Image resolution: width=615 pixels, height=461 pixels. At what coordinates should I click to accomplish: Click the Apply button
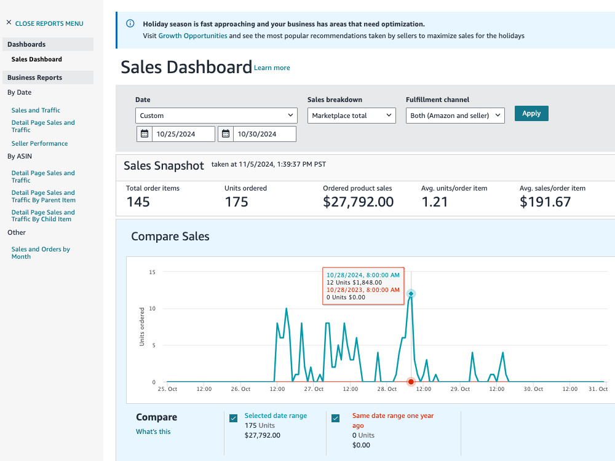(531, 113)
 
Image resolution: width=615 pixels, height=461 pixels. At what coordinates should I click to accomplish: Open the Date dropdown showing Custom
(216, 116)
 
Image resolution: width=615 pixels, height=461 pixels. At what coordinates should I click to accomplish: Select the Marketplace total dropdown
(351, 116)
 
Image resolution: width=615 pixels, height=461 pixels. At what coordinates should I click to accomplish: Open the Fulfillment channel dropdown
(455, 116)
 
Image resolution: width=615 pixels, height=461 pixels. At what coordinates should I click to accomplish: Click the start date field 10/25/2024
(176, 134)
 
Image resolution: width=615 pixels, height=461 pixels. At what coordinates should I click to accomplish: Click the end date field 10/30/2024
(257, 134)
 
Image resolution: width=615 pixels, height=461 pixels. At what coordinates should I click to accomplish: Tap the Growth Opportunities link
(192, 36)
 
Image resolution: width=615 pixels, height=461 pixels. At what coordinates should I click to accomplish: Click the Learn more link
(272, 68)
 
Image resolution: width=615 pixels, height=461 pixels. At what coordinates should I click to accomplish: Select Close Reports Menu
(45, 23)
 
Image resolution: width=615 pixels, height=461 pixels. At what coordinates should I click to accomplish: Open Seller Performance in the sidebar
(39, 143)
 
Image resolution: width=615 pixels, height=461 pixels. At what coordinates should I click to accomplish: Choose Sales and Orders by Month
(41, 253)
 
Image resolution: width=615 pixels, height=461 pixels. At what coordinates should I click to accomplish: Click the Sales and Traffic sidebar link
(36, 110)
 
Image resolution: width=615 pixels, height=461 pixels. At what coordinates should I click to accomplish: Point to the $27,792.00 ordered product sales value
(358, 202)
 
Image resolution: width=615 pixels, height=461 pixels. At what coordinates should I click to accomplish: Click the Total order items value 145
(138, 202)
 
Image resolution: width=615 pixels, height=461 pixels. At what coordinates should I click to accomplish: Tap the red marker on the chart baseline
(411, 382)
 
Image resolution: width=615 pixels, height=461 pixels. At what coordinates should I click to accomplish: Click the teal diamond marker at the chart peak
(411, 294)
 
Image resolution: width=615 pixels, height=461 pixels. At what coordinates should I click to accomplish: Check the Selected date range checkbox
(233, 418)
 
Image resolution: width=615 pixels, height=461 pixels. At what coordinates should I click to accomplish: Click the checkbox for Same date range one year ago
(335, 418)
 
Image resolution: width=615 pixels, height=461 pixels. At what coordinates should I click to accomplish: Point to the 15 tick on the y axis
(152, 272)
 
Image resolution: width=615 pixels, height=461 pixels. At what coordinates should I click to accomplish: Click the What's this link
(153, 431)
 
